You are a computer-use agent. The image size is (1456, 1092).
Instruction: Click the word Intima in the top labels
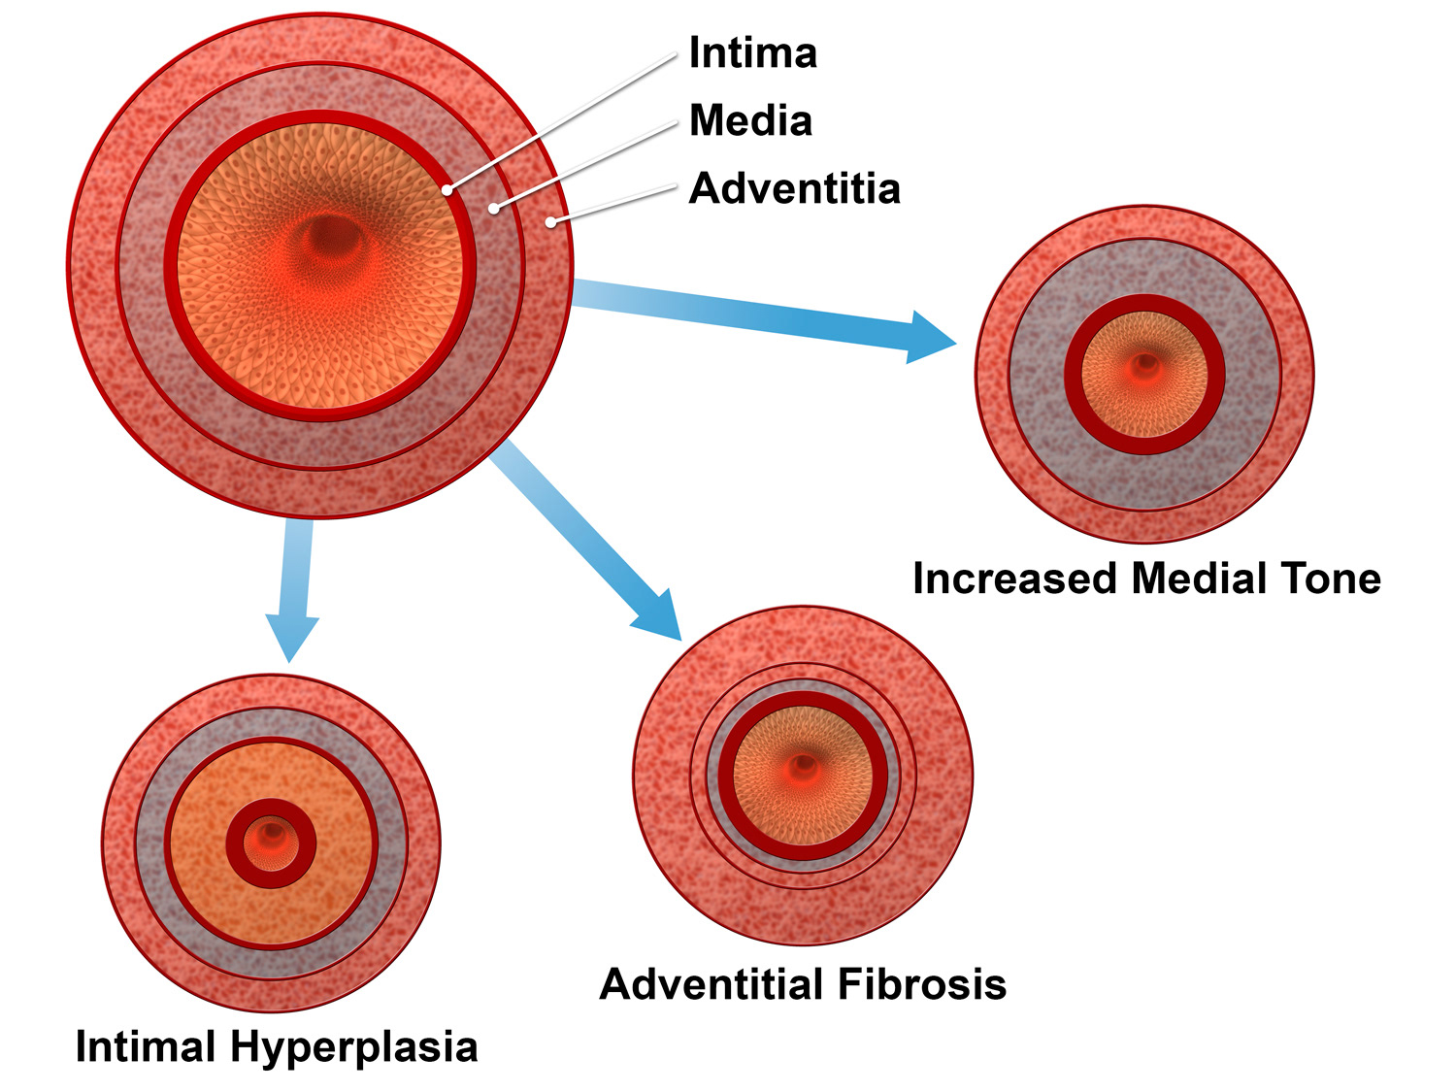click(752, 53)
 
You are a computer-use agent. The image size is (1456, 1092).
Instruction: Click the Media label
click(750, 121)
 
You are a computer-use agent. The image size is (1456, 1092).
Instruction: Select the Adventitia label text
click(794, 188)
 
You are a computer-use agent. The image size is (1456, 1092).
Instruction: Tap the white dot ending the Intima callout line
click(447, 190)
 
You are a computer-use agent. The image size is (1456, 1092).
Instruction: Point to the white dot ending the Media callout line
click(494, 209)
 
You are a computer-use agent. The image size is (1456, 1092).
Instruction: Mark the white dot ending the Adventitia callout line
click(550, 222)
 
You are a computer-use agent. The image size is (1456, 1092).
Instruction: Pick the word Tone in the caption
click(1331, 579)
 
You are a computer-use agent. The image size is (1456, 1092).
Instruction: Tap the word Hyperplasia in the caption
click(354, 1047)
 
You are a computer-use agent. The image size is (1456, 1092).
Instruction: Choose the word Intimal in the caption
click(146, 1047)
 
